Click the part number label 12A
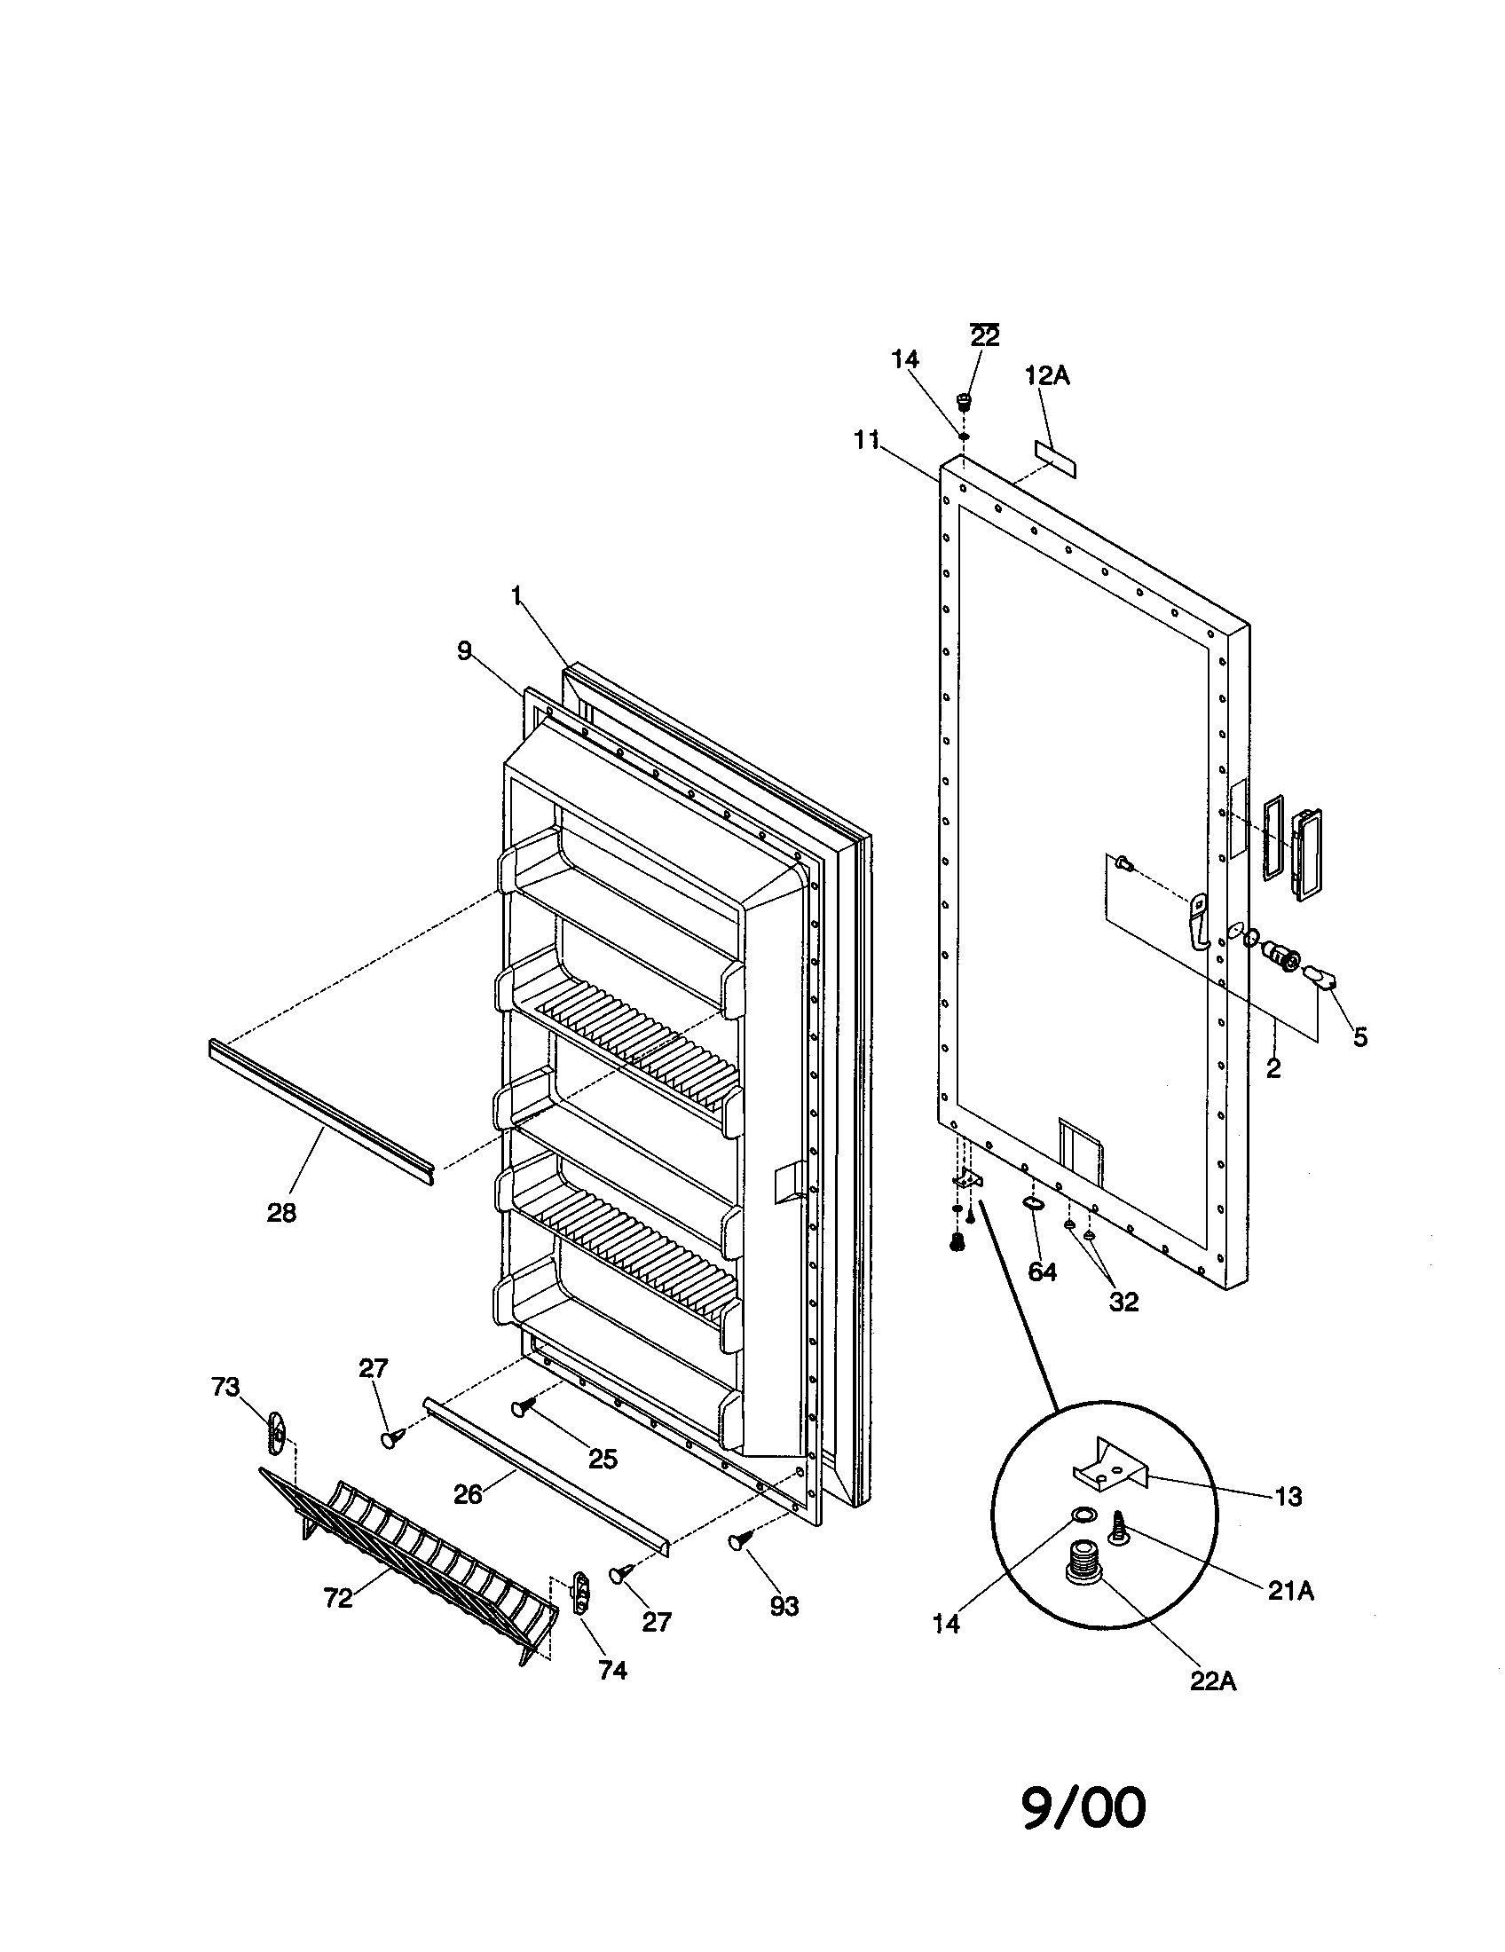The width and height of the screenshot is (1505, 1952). [1046, 377]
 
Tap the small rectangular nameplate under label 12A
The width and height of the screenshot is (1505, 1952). [1055, 458]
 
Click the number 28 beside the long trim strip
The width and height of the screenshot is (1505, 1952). [281, 1213]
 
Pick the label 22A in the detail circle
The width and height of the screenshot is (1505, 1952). [1213, 1681]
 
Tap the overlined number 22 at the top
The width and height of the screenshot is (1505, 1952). [984, 337]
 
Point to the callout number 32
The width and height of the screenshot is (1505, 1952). [1123, 1303]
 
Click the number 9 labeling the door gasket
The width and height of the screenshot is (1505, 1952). [464, 651]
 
